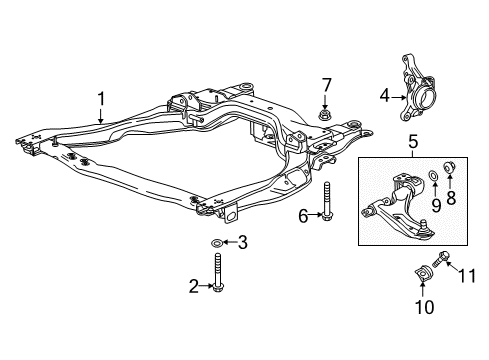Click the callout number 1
[101, 99]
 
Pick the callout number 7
[326, 83]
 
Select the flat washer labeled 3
[217, 243]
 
